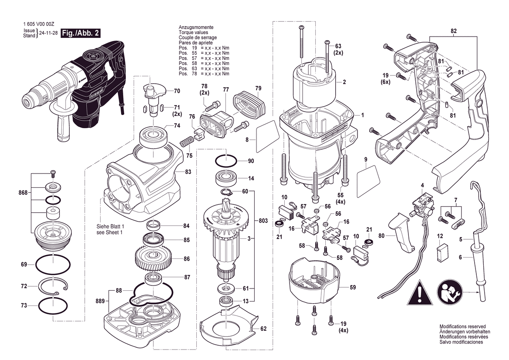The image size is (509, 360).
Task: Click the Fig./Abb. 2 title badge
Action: coord(81,33)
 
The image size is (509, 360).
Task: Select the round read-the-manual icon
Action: coord(449,292)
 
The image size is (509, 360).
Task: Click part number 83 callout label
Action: coord(188,172)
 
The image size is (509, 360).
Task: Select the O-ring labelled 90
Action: coord(226,161)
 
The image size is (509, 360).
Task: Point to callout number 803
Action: coord(263,221)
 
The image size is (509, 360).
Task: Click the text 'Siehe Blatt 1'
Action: coord(110,227)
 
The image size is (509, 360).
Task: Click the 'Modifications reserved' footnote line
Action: coord(462,326)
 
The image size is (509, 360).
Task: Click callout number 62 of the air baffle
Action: coord(263,329)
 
